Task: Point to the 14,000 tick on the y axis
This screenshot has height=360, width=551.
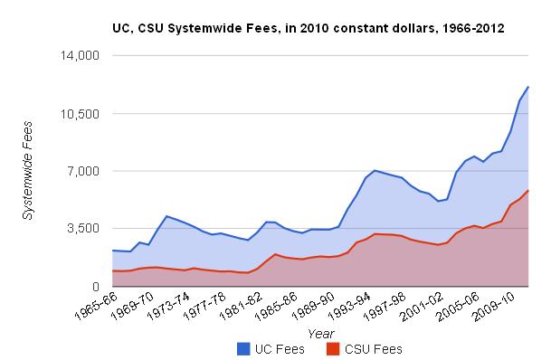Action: pyautogui.click(x=80, y=56)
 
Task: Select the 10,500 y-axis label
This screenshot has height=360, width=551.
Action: pyautogui.click(x=80, y=114)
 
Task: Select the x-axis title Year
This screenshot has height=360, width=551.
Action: pyautogui.click(x=320, y=334)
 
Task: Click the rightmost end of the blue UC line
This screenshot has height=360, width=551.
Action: pyautogui.click(x=528, y=87)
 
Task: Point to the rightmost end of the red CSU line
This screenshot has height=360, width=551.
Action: pyautogui.click(x=528, y=191)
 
